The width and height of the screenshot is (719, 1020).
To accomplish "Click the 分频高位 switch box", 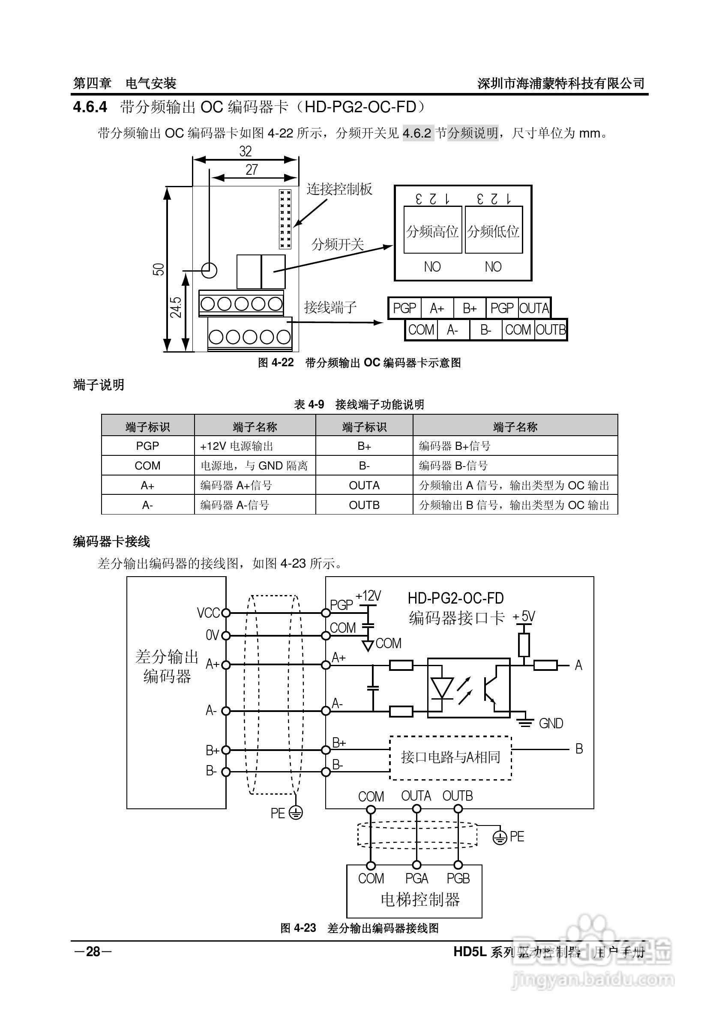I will coord(432,230).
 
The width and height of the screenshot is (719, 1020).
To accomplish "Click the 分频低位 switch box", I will coord(493,230).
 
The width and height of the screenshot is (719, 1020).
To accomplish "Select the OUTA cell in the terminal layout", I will coord(534,308).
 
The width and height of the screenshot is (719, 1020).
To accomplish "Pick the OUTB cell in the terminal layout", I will coord(551,329).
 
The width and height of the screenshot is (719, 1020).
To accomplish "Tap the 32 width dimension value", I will coord(245,152).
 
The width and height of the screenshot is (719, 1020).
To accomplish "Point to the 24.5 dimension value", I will coord(176,307).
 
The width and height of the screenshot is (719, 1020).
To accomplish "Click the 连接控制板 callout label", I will coord(339,189).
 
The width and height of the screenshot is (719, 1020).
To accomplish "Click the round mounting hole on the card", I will coord(209,269).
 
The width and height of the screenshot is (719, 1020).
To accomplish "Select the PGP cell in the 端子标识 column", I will coord(147,446).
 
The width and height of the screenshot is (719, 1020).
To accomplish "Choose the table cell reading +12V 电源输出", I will coord(237,446).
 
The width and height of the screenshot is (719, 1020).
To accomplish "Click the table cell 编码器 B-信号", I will coord(453,466).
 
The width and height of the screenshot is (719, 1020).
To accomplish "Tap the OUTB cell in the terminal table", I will coord(364,505).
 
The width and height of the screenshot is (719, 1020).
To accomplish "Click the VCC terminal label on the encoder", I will coord(208,613).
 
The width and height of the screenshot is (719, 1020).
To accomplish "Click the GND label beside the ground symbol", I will coord(551,724).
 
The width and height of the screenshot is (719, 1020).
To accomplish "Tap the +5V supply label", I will coord(524,616).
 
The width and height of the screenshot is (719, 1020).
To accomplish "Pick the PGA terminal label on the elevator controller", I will coord(416,878).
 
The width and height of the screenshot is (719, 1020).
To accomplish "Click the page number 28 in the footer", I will coord(93,951).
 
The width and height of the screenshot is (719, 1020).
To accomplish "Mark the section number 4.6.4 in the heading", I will coord(90,107).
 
